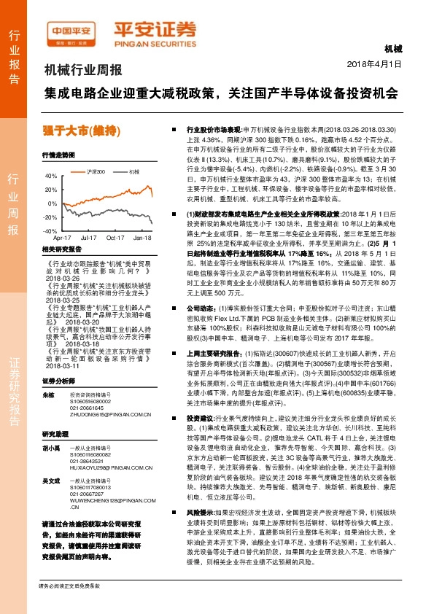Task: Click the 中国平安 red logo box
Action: point(71,31)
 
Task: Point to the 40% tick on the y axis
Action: point(50,176)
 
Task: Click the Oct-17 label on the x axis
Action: point(116,238)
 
